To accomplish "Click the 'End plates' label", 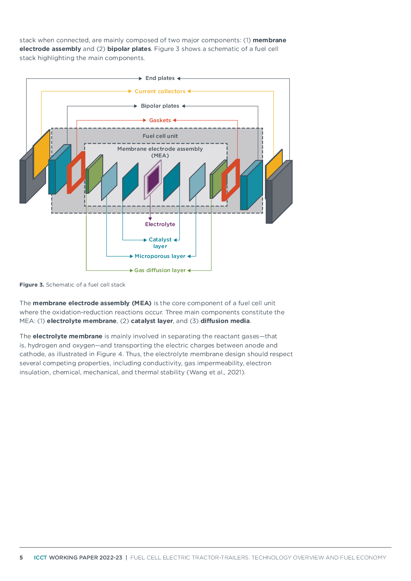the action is point(160,78).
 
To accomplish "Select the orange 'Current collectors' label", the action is point(160,91).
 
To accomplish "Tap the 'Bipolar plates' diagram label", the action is point(160,106).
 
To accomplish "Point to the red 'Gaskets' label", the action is point(160,121).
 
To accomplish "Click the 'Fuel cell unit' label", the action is point(160,136).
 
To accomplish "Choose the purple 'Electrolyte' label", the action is point(160,224).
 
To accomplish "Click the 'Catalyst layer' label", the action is point(160,243).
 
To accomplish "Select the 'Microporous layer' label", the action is point(160,256).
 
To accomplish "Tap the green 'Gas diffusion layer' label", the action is point(160,270).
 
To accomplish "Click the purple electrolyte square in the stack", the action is point(153,179).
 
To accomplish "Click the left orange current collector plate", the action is point(41,154).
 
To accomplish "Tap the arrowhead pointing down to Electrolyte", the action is point(150,219).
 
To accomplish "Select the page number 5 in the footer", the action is point(21,557).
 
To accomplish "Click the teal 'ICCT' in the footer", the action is point(40,557).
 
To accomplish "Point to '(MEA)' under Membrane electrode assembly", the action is point(160,156).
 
